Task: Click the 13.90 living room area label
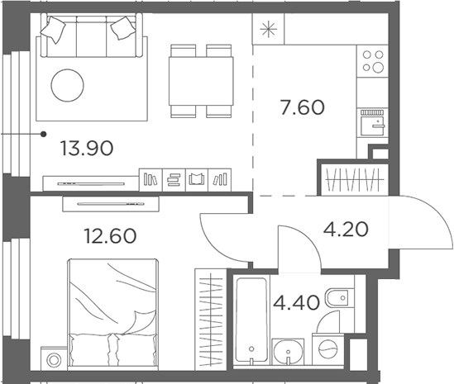86,149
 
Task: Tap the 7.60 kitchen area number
301,107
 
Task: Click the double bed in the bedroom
113,311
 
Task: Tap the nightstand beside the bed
54,360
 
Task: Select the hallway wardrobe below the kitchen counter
353,179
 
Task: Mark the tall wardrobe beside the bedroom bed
210,318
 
